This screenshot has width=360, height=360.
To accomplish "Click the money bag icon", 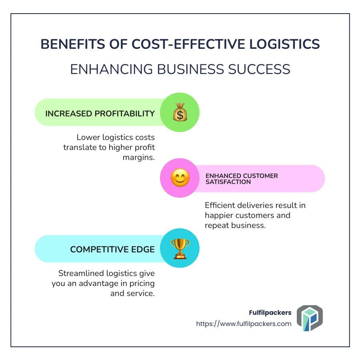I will pyautogui.click(x=180, y=112).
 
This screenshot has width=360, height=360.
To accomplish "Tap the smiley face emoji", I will pyautogui.click(x=180, y=178).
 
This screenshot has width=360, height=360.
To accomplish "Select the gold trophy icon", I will pyautogui.click(x=180, y=248).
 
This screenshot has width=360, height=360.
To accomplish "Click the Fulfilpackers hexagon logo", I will pyautogui.click(x=310, y=318).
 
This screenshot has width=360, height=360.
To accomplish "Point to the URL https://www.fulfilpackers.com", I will pyautogui.click(x=244, y=324).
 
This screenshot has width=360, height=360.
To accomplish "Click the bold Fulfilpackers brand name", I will pyautogui.click(x=270, y=312).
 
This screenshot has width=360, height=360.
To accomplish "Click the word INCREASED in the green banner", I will pyautogui.click(x=68, y=114).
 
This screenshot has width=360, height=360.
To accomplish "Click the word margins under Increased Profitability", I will pyautogui.click(x=139, y=157).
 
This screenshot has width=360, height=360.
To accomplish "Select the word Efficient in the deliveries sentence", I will pyautogui.click(x=220, y=206).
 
